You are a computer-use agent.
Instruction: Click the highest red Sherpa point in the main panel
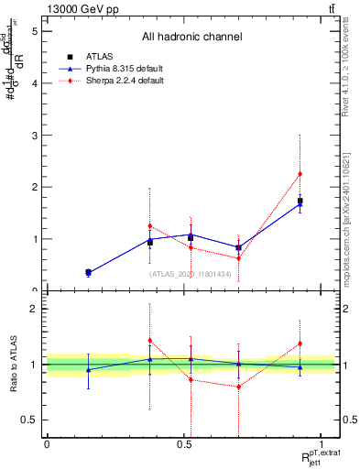[300, 174]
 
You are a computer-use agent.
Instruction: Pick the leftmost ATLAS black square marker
[88, 272]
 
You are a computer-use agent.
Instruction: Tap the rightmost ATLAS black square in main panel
[300, 201]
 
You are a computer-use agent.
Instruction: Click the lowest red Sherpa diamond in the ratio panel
[238, 387]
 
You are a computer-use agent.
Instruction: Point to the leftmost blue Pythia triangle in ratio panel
[88, 370]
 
